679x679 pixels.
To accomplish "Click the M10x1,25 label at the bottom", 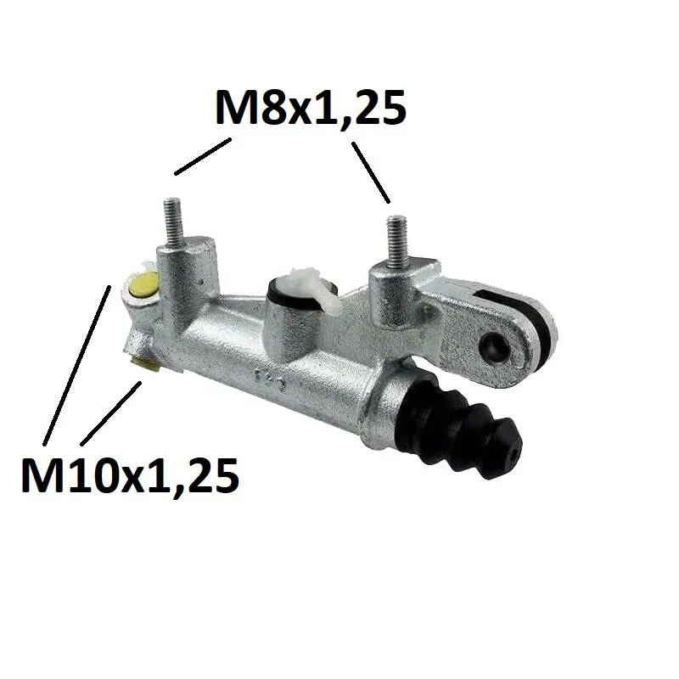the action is coord(130,474).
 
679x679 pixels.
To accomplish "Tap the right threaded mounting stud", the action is coord(397,241).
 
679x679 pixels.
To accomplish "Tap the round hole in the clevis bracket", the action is coord(497,345).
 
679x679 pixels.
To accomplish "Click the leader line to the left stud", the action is coord(203,156).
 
